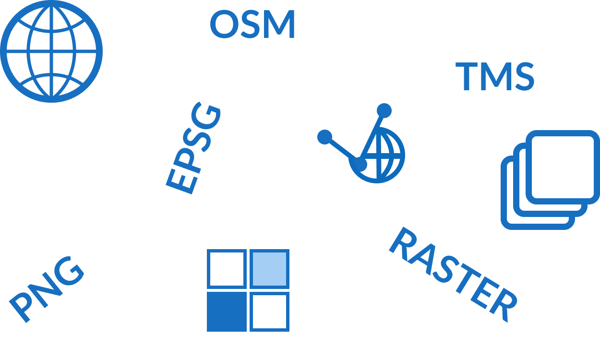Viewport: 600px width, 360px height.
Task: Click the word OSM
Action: point(252,25)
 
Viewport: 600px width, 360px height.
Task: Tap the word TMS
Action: point(495,77)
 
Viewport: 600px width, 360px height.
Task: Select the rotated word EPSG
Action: point(193,149)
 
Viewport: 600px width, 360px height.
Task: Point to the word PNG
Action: point(47,288)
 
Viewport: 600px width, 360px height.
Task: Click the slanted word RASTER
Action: point(453,274)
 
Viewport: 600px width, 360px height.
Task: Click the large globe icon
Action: point(51,51)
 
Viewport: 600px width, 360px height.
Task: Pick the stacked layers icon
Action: point(550,180)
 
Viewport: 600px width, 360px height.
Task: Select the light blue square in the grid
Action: point(269,269)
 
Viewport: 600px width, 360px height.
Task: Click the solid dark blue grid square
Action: point(227,311)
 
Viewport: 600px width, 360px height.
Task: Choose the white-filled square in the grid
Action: point(269,311)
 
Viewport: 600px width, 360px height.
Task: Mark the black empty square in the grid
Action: point(227,269)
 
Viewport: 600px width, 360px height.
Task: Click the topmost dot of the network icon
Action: point(384,111)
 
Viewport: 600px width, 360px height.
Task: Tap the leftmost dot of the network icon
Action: point(324,137)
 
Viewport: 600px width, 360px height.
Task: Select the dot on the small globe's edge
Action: point(359,164)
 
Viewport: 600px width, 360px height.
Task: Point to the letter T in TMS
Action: point(466,77)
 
